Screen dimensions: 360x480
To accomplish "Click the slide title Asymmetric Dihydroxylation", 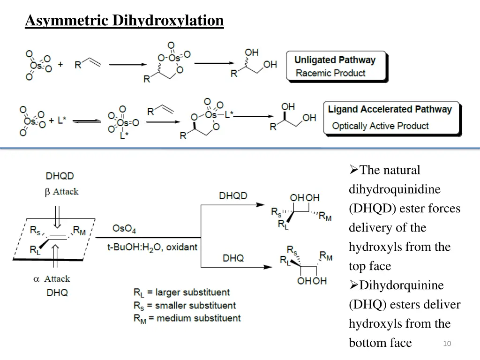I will pyautogui.click(x=124, y=21).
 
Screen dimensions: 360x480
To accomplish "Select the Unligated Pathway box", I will pyautogui.click(x=337, y=67).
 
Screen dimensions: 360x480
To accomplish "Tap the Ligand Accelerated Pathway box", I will pyautogui.click(x=391, y=118).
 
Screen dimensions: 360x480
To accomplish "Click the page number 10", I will pyautogui.click(x=446, y=344).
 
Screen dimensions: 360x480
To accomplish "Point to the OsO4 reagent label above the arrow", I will pyautogui.click(x=124, y=229).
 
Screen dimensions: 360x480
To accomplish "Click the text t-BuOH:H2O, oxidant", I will pyautogui.click(x=152, y=247).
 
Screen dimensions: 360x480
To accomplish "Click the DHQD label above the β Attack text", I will pyautogui.click(x=60, y=176).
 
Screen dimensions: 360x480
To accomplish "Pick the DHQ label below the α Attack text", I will pyautogui.click(x=57, y=293).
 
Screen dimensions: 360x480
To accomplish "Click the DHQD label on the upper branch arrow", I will pyautogui.click(x=233, y=195).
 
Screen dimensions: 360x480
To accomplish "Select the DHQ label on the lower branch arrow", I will pyautogui.click(x=233, y=258).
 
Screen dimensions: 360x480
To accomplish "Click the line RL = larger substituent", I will pyautogui.click(x=181, y=293).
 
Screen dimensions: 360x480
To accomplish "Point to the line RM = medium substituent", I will pyautogui.click(x=187, y=318).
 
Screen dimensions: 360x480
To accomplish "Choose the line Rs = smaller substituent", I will pyautogui.click(x=184, y=306).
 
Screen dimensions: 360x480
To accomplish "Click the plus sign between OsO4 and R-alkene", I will pyautogui.click(x=60, y=64).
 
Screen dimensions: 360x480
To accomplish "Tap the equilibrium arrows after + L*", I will pyautogui.click(x=87, y=121).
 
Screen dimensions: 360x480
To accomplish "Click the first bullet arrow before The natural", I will pyautogui.click(x=354, y=170).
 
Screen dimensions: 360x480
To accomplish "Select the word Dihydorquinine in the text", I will pyautogui.click(x=401, y=285).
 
